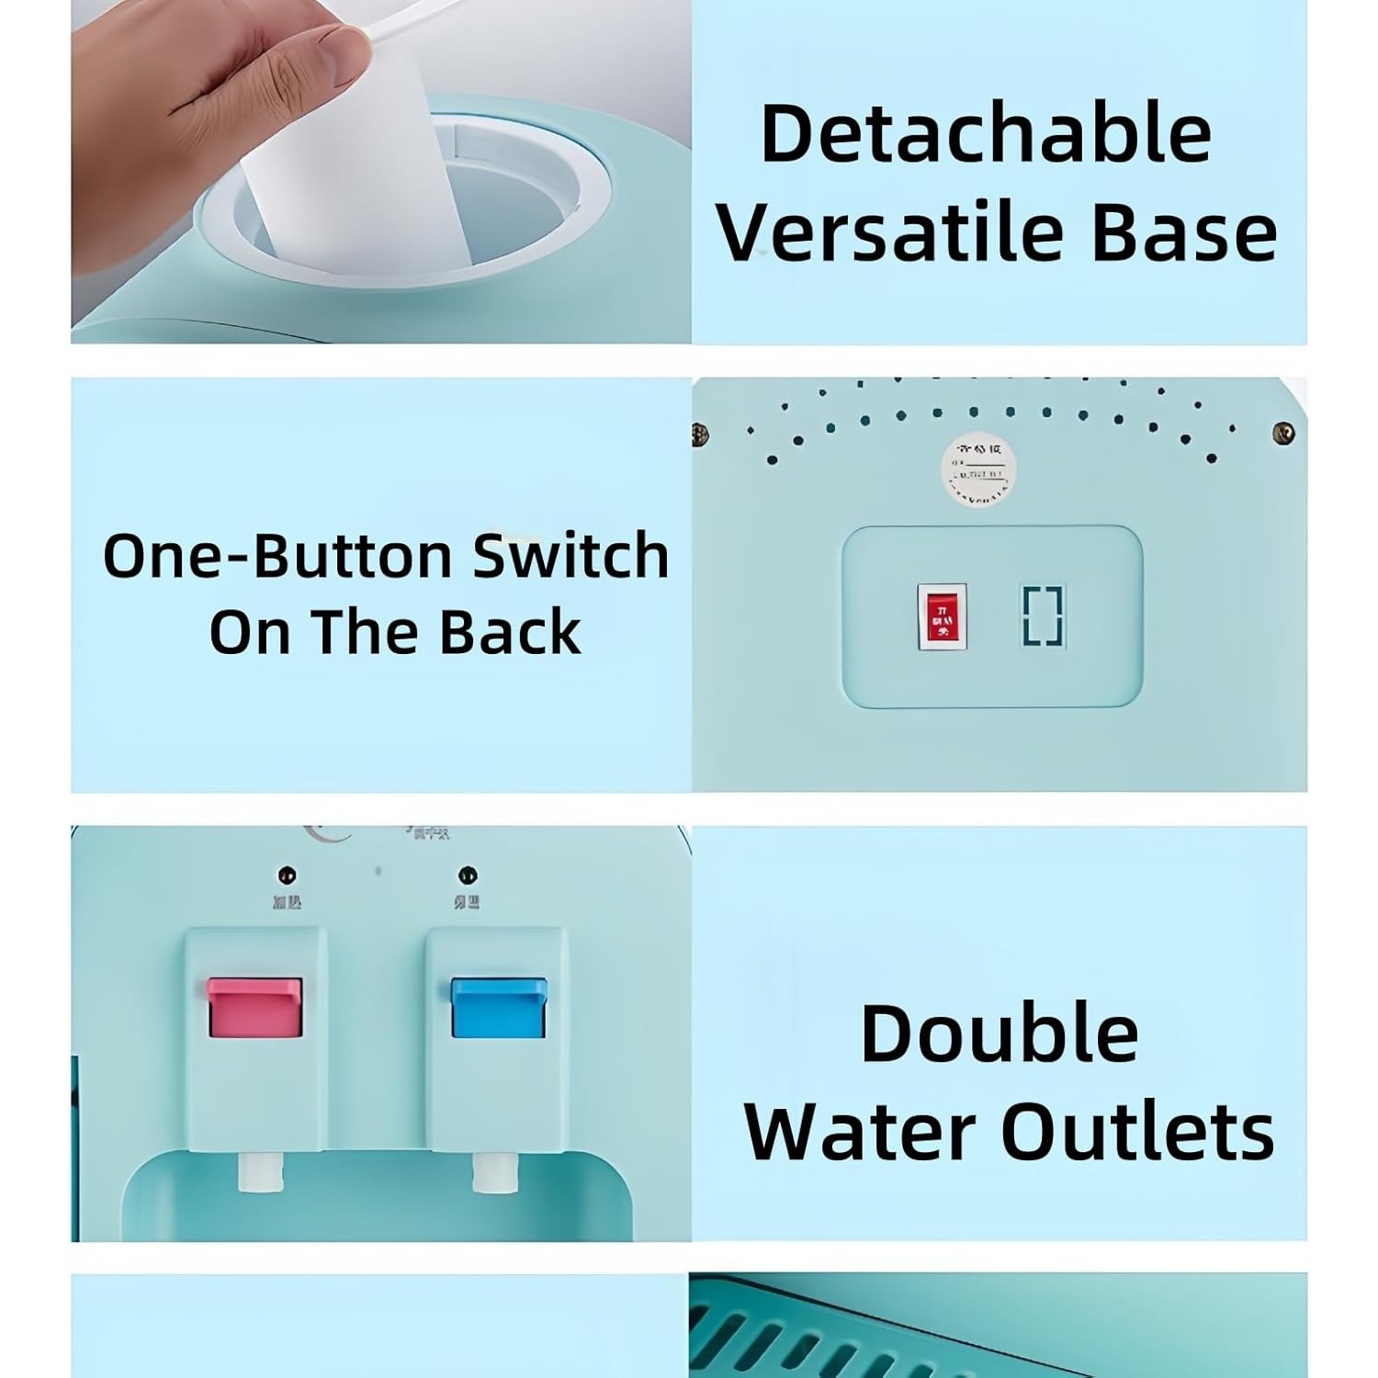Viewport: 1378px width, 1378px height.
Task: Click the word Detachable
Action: [986, 134]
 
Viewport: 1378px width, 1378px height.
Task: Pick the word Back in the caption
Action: [510, 632]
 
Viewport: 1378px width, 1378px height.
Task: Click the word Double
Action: [1000, 1033]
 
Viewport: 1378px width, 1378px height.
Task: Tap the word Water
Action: [862, 1131]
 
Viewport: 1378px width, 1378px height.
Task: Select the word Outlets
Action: [1137, 1131]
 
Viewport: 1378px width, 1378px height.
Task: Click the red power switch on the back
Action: [942, 616]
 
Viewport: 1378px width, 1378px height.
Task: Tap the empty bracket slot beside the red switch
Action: [1043, 616]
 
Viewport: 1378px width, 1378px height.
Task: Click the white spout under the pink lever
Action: [255, 1172]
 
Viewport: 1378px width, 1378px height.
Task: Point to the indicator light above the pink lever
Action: [287, 875]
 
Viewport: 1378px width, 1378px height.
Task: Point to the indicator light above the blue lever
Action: [467, 875]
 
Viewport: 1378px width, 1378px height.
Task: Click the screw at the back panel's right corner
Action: [1283, 433]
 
